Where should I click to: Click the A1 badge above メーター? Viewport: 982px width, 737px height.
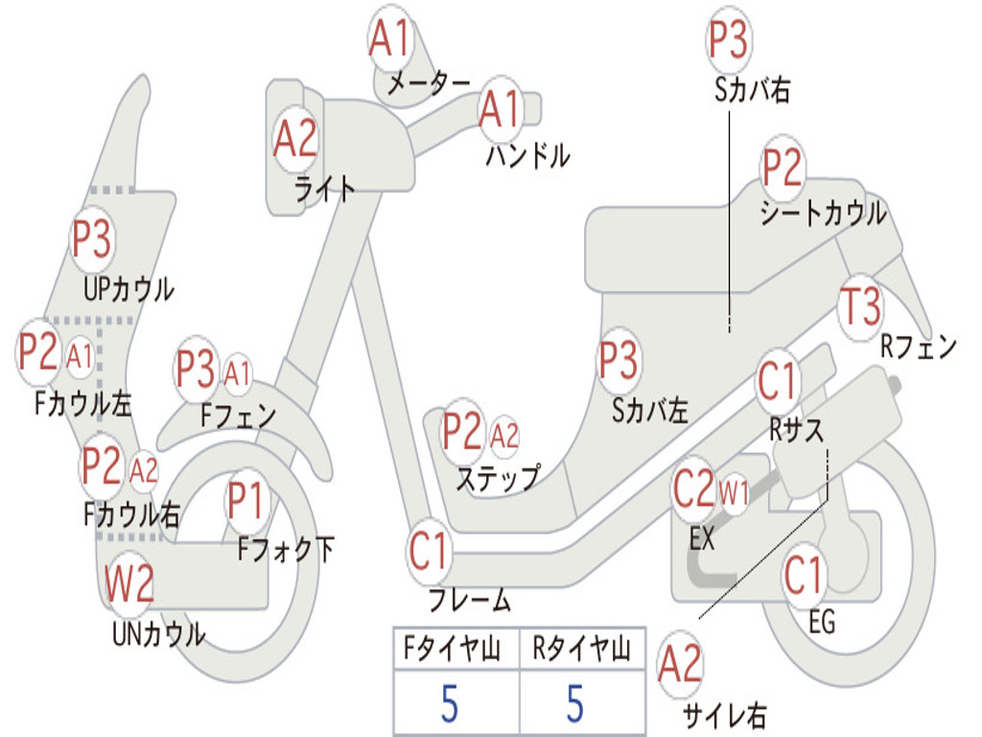point(390,39)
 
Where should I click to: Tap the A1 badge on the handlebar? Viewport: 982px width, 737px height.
point(501,108)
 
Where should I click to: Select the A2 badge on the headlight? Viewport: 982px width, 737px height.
point(295,139)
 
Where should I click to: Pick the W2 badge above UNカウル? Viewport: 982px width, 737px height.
point(129,583)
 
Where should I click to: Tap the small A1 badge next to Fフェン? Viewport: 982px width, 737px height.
point(237,373)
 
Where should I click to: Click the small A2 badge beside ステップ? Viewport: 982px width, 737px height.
point(504,437)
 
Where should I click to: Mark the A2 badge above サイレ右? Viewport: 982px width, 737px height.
point(681,665)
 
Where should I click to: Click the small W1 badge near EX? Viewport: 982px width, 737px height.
point(734,495)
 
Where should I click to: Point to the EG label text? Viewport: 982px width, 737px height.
point(822,622)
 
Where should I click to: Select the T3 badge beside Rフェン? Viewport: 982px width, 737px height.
point(859,307)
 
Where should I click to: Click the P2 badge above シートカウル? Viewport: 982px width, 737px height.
point(783,169)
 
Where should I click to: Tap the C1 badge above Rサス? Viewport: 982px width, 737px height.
point(778,382)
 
